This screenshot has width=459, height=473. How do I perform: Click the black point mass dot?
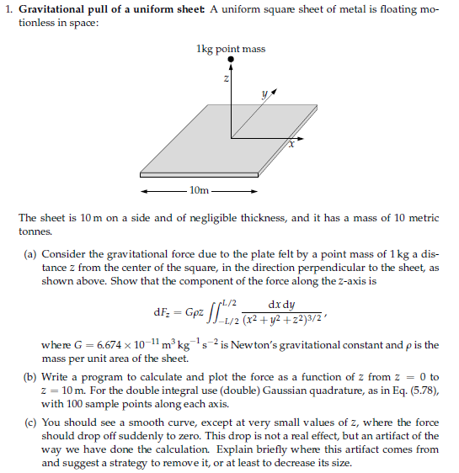(x=229, y=60)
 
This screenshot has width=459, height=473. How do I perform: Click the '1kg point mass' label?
(x=229, y=49)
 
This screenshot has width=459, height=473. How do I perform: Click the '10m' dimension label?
(x=200, y=191)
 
